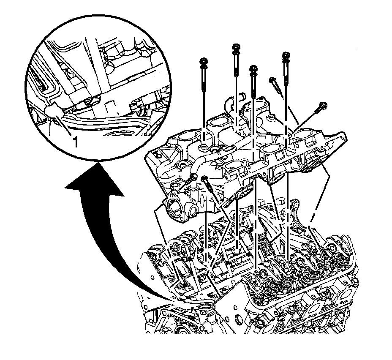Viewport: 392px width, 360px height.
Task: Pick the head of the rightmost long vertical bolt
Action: coord(286,55)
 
